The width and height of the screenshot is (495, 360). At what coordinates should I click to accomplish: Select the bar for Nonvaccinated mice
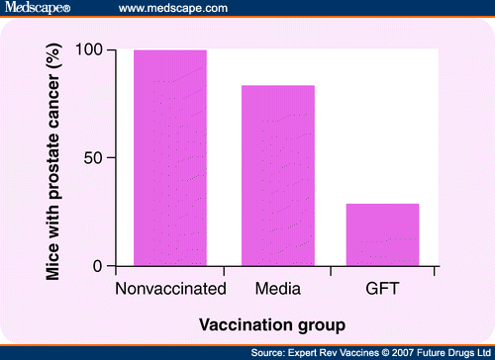[x=170, y=158]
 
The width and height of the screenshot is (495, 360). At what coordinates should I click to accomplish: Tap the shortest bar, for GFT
[x=382, y=234]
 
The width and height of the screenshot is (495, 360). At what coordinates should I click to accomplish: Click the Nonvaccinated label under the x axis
[x=170, y=289]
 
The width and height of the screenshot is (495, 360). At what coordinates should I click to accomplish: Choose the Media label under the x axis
[x=276, y=289]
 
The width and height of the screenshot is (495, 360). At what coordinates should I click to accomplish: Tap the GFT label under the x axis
[x=382, y=289]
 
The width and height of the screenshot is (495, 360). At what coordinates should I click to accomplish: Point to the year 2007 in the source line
[x=400, y=351]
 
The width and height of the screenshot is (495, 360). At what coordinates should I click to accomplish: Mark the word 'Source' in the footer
[x=268, y=351]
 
